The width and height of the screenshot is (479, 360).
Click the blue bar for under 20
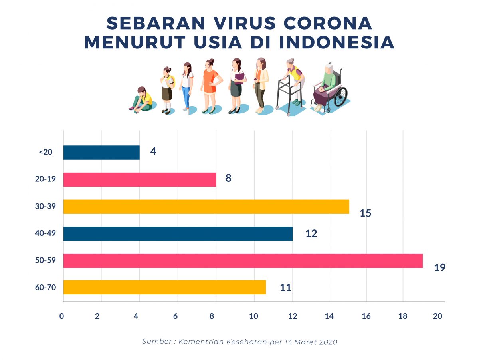101,153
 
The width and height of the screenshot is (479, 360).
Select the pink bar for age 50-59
243,261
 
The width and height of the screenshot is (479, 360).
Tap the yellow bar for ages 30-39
206,207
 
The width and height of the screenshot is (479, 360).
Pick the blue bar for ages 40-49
178,234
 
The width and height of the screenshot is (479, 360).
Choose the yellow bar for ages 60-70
164,287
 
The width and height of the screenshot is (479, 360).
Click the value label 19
439,267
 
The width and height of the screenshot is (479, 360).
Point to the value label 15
365,213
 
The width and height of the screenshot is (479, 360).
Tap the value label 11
285,287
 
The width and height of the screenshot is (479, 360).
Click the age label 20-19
45,179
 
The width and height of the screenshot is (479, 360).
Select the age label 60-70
45,287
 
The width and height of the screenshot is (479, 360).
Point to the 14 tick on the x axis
329,316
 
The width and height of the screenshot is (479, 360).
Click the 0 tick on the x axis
62,316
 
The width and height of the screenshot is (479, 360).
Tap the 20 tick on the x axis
437,316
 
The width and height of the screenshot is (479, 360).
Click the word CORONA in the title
328,23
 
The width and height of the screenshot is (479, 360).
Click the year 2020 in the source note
329,342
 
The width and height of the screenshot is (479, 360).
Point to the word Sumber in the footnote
155,342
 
